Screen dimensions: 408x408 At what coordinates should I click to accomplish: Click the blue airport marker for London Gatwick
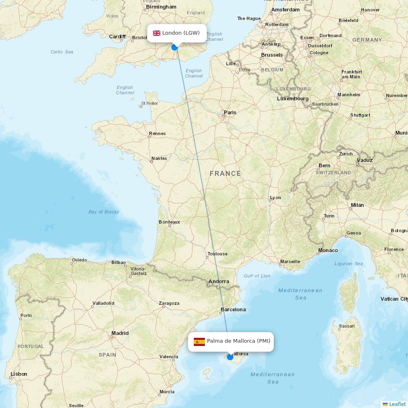click(x=175, y=47)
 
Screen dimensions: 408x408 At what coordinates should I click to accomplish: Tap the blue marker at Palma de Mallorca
click(x=230, y=357)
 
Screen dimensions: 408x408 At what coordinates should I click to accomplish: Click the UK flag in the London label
click(x=157, y=33)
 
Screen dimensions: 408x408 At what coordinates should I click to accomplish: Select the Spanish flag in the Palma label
click(x=199, y=341)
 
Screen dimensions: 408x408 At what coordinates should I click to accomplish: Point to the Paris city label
click(x=230, y=112)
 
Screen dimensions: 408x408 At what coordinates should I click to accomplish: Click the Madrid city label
click(x=120, y=333)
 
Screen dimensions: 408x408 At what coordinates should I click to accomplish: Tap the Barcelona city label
click(x=233, y=309)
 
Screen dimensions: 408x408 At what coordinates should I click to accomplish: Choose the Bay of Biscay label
click(x=104, y=212)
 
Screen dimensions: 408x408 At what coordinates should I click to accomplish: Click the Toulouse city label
click(x=217, y=254)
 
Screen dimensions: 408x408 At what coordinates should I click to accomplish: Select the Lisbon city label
click(x=19, y=374)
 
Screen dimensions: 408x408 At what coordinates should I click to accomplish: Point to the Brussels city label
click(x=272, y=55)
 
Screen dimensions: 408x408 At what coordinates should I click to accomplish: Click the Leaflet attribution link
click(x=397, y=404)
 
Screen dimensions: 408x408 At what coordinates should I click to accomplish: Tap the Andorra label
click(x=219, y=281)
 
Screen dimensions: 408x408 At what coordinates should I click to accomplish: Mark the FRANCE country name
click(x=225, y=173)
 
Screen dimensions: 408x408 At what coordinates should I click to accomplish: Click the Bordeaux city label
click(x=169, y=222)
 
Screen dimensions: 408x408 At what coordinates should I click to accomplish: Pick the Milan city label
click(x=357, y=205)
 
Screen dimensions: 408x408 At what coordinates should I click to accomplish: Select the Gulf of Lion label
click(x=257, y=276)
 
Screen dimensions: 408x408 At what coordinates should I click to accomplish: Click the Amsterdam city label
click(x=286, y=9)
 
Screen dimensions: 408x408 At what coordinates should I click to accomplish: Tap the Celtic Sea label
click(x=62, y=52)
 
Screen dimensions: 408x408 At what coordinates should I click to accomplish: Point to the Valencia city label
click(x=169, y=357)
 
